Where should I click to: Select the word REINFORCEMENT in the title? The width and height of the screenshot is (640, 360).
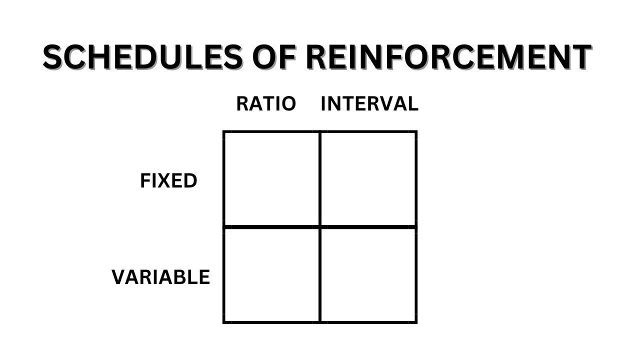pyautogui.click(x=448, y=57)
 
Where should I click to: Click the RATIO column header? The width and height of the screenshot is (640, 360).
pyautogui.click(x=266, y=104)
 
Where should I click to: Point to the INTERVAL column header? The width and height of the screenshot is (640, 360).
pyautogui.click(x=369, y=104)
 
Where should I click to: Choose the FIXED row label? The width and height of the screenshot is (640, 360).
pyautogui.click(x=168, y=181)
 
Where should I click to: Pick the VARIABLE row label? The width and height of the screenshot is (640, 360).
pyautogui.click(x=160, y=277)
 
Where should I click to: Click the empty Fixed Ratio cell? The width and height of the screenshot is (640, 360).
pyautogui.click(x=271, y=179)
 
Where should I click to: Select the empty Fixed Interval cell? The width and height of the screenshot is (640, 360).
pyautogui.click(x=368, y=179)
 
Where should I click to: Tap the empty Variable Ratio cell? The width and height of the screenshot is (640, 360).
pyautogui.click(x=271, y=274)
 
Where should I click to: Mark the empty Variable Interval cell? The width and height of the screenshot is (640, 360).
pyautogui.click(x=368, y=274)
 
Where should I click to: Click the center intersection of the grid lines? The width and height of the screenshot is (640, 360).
pyautogui.click(x=319, y=227)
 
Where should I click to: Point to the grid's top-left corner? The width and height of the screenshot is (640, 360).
pyautogui.click(x=224, y=132)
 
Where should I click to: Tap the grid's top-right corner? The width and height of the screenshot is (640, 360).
pyautogui.click(x=415, y=132)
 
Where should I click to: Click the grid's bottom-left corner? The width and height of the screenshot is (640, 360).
pyautogui.click(x=224, y=321)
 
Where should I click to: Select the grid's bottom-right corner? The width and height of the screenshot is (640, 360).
pyautogui.click(x=415, y=321)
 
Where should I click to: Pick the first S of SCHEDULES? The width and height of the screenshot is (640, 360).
pyautogui.click(x=53, y=57)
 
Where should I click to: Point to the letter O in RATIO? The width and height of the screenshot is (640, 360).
pyautogui.click(x=288, y=104)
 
